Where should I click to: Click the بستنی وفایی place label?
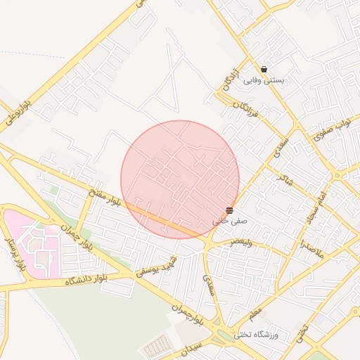click(264, 81)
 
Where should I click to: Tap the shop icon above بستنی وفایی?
click(264, 70)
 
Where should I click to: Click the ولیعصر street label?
click(241, 243)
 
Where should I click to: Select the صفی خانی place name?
click(226, 221)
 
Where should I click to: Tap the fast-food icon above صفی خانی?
click(230, 210)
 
